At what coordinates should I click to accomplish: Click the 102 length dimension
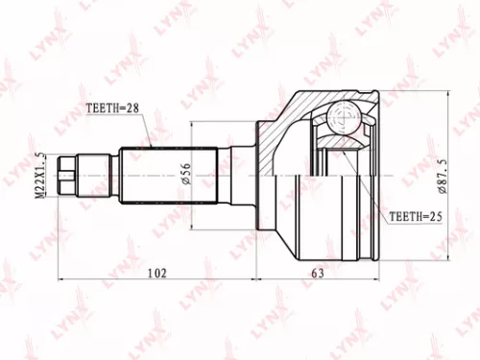coord(158,273)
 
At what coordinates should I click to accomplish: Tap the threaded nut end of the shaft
coord(66,176)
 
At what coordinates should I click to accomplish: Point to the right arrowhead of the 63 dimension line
coord(382,281)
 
